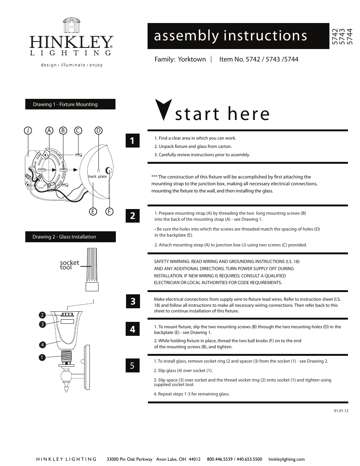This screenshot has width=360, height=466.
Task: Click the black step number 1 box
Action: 132,141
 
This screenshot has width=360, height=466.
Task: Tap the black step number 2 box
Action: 132,216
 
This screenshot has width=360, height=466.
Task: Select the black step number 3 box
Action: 132,301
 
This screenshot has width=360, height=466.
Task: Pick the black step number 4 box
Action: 132,329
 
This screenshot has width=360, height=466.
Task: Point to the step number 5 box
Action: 132,365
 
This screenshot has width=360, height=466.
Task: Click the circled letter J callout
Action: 28,131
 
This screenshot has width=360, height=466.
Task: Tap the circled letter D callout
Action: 98,131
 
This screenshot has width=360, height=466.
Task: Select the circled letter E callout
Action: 92,211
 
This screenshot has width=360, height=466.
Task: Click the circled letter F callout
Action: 109,211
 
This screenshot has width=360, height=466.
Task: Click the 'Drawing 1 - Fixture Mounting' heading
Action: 70,105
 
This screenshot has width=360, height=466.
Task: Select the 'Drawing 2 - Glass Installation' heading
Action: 70,237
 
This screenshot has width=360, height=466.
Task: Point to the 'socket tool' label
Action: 69,265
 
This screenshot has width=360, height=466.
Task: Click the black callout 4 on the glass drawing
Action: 42,345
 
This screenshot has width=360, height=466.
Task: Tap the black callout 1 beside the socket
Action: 42,357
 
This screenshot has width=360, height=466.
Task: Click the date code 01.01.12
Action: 341,411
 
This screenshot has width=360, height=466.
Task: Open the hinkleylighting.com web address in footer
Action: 286,459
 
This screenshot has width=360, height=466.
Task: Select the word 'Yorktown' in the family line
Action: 192,59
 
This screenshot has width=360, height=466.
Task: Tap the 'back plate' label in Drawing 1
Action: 97,176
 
